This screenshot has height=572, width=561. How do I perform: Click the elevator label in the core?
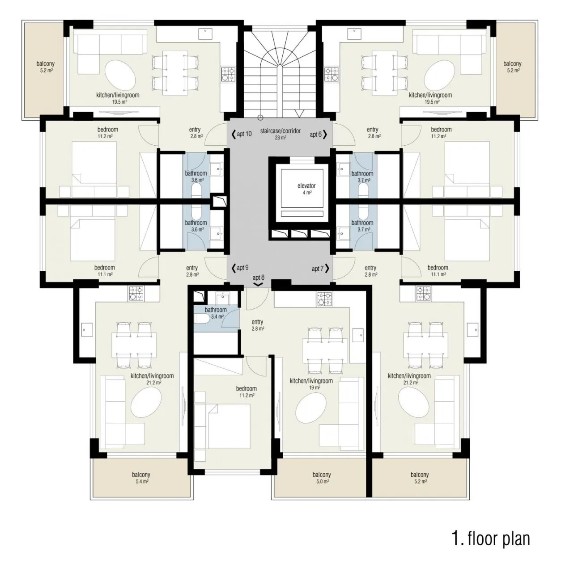[x=306, y=189]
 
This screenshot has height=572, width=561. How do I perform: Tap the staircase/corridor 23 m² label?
[x=280, y=134]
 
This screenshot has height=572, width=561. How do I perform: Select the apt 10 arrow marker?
[x=234, y=134]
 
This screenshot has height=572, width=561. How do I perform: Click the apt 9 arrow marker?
[x=234, y=268]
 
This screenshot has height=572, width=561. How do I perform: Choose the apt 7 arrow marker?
[x=327, y=269]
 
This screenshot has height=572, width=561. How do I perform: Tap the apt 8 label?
[x=258, y=278]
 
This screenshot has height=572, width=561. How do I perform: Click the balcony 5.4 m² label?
[x=141, y=478]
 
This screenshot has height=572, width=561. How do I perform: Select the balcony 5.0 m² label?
[x=322, y=478]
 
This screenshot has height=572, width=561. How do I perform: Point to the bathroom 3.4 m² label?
[x=216, y=313]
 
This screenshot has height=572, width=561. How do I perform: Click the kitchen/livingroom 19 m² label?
[x=311, y=383]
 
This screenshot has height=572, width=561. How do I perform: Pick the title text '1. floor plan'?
[x=491, y=538]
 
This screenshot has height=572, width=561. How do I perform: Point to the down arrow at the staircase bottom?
[x=299, y=114]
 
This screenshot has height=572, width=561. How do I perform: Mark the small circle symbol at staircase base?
[x=260, y=118]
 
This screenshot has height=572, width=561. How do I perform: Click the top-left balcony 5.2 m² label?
[x=46, y=67]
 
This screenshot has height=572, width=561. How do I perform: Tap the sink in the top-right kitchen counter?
[x=354, y=34]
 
